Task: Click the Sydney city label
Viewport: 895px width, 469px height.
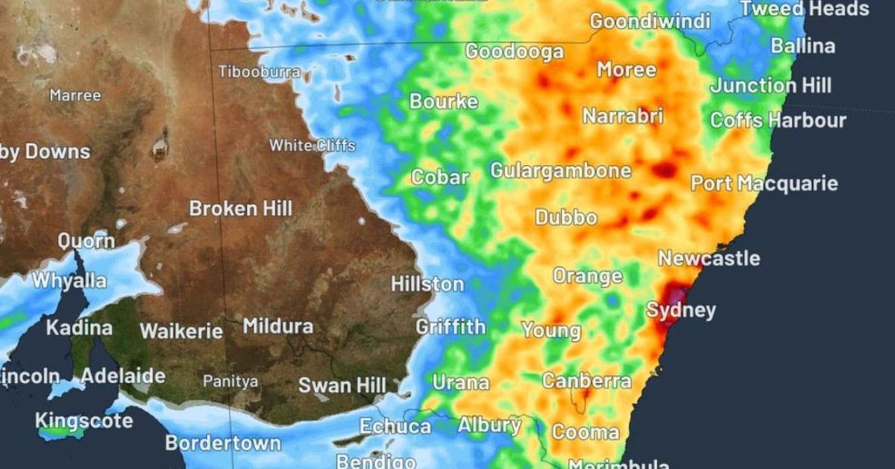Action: pos(681,310)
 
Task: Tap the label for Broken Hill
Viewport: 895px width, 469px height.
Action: pos(241,208)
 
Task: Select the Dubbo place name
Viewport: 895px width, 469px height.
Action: pos(566,217)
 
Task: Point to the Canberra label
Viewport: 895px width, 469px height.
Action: pos(586,381)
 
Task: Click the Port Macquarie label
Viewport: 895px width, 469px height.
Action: pos(764,183)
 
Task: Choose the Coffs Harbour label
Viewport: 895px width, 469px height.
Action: pos(778,119)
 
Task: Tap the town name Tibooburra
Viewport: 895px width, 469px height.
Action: pos(259,72)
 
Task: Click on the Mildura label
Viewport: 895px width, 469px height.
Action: pos(277,326)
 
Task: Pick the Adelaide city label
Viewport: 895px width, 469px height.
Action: pos(122,376)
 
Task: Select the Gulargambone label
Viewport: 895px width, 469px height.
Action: pos(560,170)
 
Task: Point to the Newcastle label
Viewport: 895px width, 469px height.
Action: pos(709,258)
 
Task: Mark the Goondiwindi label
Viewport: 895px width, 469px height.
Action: pos(650,21)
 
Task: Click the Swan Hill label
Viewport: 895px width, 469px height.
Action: pos(342,385)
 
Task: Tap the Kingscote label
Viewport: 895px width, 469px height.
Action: pos(84,420)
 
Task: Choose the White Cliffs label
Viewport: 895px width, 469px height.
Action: pos(312,145)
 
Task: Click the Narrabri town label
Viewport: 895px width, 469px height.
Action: pos(622,117)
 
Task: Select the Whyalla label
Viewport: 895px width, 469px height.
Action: pos(69,281)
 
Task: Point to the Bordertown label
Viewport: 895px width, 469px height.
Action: pos(222,443)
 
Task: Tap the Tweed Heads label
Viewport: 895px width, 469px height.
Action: pos(804,9)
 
